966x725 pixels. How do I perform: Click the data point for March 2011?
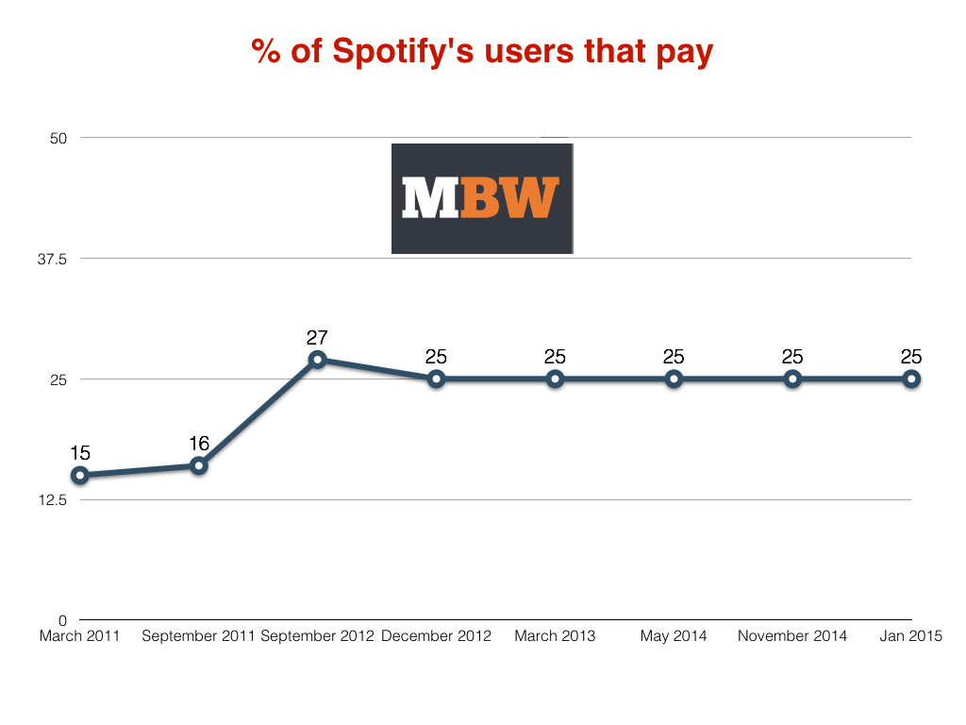80,475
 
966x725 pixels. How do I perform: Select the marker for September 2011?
199,465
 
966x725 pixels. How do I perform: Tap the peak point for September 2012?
318,360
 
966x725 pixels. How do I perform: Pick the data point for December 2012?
437,379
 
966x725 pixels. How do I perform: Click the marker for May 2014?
674,379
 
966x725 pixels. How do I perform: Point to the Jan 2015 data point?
911,379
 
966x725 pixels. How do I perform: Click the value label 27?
317,337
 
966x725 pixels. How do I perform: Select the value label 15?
80,453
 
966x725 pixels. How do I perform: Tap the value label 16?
199,443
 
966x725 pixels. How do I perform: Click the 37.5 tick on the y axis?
52,259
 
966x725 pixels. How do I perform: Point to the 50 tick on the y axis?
59,138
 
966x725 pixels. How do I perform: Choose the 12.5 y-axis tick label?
52,499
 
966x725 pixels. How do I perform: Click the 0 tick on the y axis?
63,620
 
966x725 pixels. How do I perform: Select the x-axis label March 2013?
555,636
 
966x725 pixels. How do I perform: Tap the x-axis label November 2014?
792,636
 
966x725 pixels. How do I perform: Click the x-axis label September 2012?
317,636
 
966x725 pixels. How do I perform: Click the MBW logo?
482,198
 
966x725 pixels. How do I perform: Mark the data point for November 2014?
792,379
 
